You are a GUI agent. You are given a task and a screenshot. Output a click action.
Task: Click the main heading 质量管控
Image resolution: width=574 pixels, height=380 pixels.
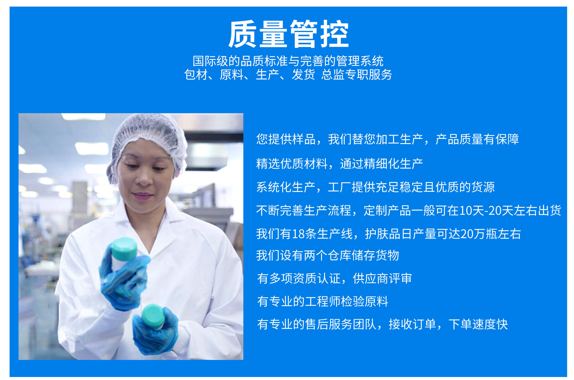(x=288, y=34)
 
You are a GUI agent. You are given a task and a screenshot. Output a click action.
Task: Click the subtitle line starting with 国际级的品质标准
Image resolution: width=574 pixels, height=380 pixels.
(x=288, y=61)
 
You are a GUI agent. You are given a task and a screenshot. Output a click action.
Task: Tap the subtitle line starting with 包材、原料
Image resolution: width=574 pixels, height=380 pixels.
(x=288, y=75)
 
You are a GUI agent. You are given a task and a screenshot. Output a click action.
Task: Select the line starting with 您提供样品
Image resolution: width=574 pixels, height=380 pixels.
(x=387, y=139)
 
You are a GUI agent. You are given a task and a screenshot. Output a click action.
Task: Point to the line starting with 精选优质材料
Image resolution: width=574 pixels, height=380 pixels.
(x=340, y=164)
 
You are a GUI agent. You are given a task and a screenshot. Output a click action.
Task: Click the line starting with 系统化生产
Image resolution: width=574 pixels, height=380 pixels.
(x=375, y=187)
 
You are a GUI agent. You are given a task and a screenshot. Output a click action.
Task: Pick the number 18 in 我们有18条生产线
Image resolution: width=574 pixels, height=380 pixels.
(x=298, y=234)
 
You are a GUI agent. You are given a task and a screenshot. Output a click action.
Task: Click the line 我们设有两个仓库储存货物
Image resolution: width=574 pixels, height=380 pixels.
(x=328, y=255)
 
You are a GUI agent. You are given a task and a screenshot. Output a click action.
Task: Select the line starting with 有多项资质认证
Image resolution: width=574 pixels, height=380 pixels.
(x=335, y=278)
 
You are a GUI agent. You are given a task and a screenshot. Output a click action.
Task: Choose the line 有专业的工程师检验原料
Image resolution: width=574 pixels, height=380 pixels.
(x=323, y=302)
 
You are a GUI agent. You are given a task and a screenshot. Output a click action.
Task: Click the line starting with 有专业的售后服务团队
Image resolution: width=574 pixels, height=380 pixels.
(x=382, y=324)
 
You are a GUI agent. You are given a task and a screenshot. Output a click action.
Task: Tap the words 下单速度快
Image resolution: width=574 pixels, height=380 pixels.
(x=478, y=324)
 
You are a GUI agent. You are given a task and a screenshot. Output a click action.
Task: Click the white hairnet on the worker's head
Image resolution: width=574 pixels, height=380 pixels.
(x=148, y=141)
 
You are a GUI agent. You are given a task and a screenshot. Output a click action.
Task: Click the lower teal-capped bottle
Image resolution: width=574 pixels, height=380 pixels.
(x=153, y=316)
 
